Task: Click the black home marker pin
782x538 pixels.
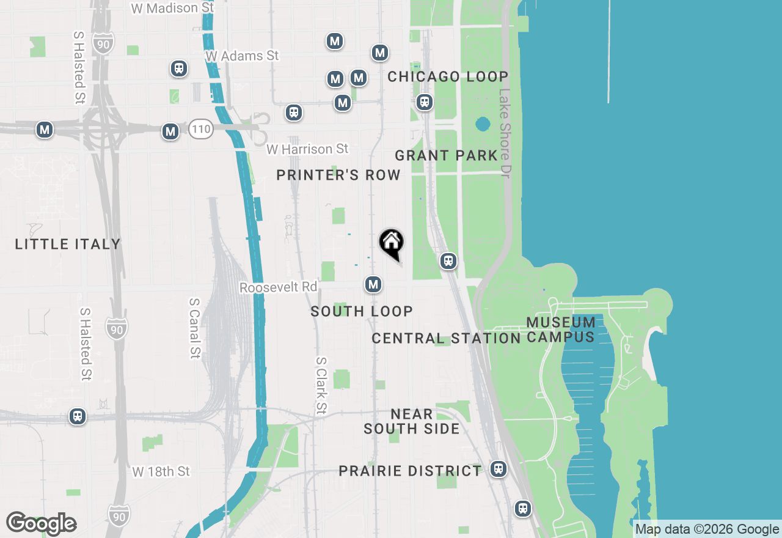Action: (391, 243)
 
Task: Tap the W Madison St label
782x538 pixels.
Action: (173, 8)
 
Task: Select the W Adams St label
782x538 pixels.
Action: (242, 56)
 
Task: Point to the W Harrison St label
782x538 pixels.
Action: (307, 149)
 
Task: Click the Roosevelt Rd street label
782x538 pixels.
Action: (279, 287)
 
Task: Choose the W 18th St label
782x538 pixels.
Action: (161, 471)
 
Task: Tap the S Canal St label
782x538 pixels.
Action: (194, 328)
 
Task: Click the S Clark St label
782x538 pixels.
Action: (321, 386)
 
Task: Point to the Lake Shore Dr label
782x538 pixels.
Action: (505, 130)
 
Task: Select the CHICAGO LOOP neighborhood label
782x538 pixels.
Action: (448, 77)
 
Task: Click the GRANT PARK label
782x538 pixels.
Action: (446, 155)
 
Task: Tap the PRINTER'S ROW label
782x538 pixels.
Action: (338, 175)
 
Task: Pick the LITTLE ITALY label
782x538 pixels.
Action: (68, 245)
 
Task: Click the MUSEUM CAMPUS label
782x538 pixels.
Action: (561, 330)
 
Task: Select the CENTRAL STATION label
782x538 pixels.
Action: (446, 338)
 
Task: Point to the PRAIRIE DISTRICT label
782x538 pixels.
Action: (411, 471)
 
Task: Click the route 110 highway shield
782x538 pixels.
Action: (200, 129)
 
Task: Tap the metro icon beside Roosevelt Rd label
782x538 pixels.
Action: (373, 284)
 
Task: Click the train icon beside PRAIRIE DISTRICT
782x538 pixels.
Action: (499, 469)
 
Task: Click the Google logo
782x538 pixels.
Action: (42, 523)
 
